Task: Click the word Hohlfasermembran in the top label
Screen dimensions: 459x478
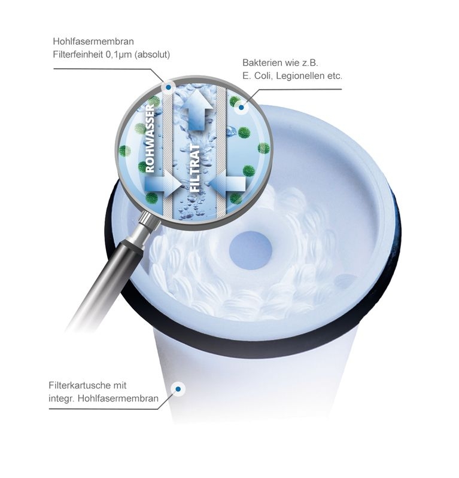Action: point(93,41)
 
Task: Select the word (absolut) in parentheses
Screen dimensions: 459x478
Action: point(152,55)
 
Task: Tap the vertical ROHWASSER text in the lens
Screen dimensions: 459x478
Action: point(150,139)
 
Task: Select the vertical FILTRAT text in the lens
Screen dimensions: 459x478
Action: point(195,168)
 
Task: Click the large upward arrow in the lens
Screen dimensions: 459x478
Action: point(198,111)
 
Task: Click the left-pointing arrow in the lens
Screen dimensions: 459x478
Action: point(228,183)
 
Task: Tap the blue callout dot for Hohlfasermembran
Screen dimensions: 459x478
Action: point(168,88)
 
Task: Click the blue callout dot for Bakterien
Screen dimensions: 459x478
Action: point(241,108)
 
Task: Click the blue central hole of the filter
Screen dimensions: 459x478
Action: point(250,250)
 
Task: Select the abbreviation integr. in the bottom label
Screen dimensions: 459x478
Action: point(62,399)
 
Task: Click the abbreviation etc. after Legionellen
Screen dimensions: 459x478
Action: point(335,76)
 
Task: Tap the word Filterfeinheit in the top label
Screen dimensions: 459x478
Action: point(78,54)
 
